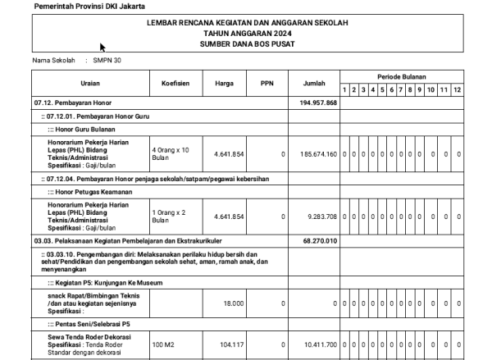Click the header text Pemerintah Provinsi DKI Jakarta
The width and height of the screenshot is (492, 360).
point(79,7)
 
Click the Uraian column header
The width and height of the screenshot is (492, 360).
point(90,84)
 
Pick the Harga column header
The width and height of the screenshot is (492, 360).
point(224,84)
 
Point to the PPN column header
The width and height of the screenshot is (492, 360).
point(266,84)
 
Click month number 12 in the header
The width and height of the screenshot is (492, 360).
point(456,89)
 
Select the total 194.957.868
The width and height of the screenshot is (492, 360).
point(319,103)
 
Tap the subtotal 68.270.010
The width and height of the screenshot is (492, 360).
point(321,241)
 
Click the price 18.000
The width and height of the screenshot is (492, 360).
point(233,303)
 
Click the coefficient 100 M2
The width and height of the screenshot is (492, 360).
point(163,344)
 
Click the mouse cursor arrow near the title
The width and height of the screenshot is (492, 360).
point(102,48)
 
